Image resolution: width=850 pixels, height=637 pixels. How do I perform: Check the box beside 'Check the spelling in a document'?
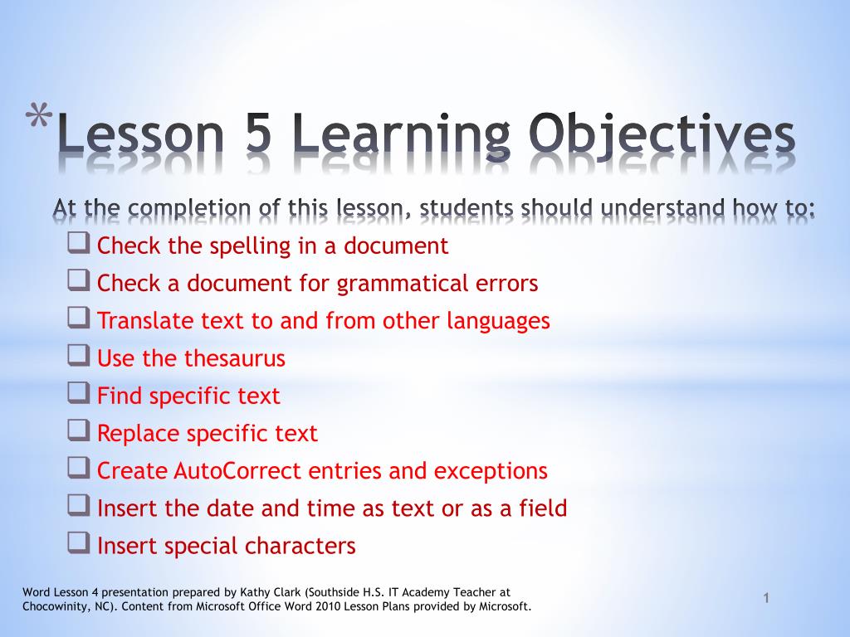click(x=79, y=245)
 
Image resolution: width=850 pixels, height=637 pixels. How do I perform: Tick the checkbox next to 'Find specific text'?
click(x=79, y=395)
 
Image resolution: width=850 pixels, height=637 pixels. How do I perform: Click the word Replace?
click(x=139, y=434)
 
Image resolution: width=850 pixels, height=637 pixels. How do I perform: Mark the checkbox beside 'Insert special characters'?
click(x=79, y=544)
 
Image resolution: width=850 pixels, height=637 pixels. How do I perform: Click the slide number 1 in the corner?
click(x=767, y=599)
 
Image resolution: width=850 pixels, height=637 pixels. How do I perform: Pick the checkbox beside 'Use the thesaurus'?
click(x=79, y=357)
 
